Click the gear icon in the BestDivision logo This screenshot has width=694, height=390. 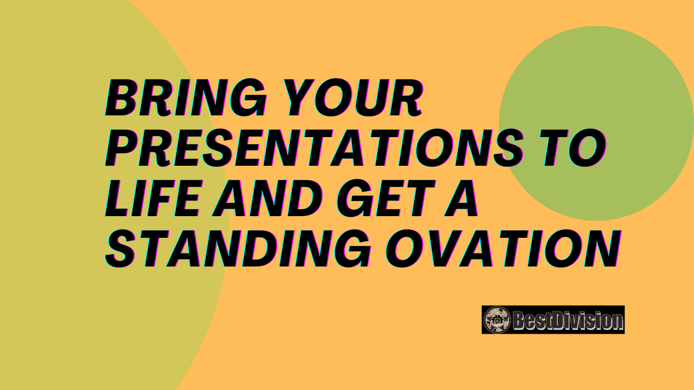click(x=497, y=320)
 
